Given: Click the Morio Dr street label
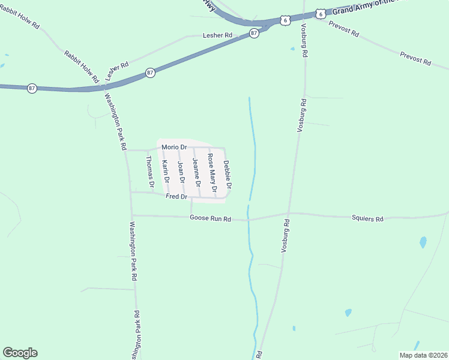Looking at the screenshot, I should coord(174,147).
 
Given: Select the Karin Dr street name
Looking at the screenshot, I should coord(166,172).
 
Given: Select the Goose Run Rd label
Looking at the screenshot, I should coord(210,219).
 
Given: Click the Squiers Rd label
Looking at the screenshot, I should coord(367,219).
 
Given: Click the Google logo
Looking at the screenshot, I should coord(20,353).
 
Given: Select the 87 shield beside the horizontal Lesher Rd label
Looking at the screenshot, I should coord(254,34).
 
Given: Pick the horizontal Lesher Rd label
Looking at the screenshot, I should coord(217,35).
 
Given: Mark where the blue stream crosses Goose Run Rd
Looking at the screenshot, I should coord(247,220).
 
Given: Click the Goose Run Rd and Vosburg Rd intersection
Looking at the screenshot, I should coord(289,213).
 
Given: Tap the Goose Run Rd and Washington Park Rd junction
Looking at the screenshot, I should coord(132,215).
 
